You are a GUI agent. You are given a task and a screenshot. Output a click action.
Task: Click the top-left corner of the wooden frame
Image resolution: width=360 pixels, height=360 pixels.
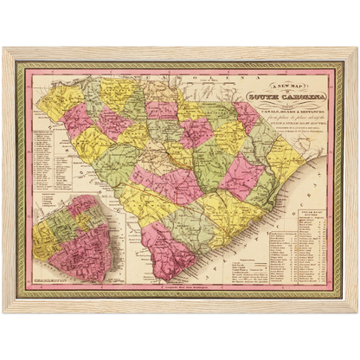coord(4,48)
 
